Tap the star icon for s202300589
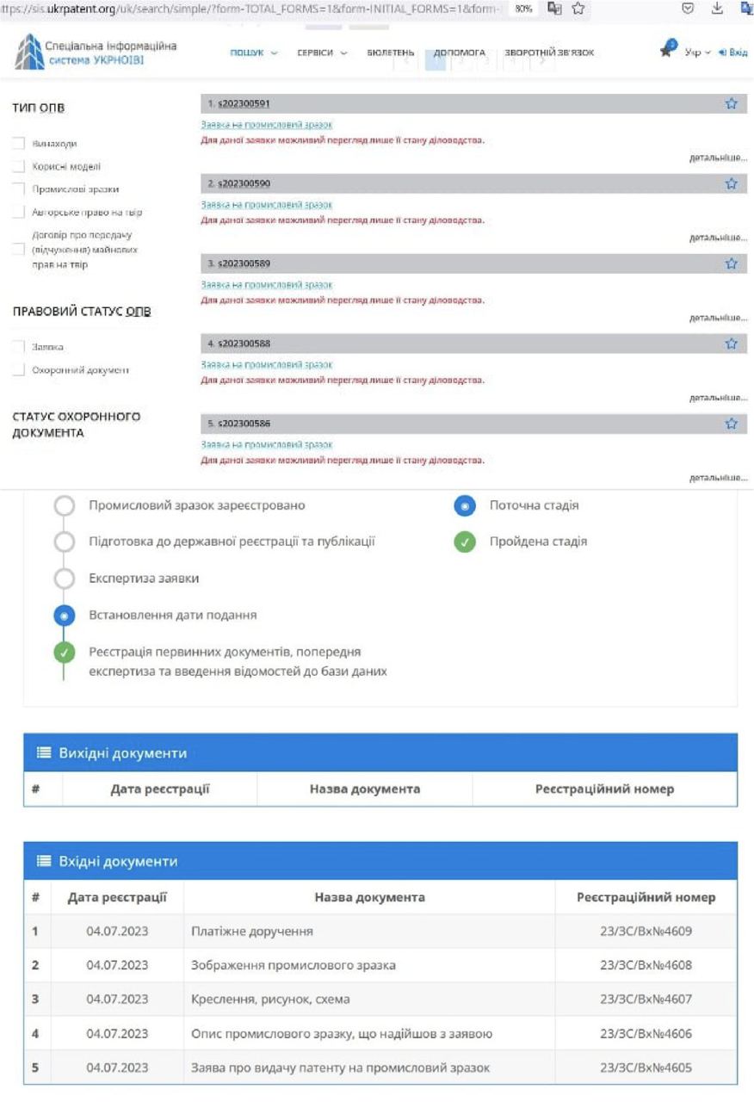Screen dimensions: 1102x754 click(x=731, y=263)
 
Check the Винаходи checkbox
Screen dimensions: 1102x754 click(x=18, y=144)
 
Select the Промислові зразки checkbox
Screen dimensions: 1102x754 click(x=18, y=189)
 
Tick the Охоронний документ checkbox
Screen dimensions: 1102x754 click(x=18, y=370)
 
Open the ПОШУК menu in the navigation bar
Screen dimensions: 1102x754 click(x=254, y=53)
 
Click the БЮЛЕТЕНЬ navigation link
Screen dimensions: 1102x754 click(x=391, y=53)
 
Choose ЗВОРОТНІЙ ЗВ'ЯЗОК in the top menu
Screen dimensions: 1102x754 click(x=548, y=53)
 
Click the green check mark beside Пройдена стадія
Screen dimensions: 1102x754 click(x=465, y=542)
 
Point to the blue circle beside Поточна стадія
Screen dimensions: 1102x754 click(x=465, y=506)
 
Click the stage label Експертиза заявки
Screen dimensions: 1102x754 click(x=144, y=579)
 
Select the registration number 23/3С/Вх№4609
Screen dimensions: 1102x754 click(x=646, y=931)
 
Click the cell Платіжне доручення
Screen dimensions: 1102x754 click(x=252, y=931)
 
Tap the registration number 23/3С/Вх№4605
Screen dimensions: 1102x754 click(x=646, y=1068)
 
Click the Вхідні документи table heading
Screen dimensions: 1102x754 click(x=118, y=861)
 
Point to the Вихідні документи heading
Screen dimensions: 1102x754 click(x=122, y=753)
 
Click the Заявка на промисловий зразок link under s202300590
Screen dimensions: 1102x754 click(x=266, y=205)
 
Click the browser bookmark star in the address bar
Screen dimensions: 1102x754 click(x=578, y=9)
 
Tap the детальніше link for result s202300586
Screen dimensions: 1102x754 click(x=718, y=477)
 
